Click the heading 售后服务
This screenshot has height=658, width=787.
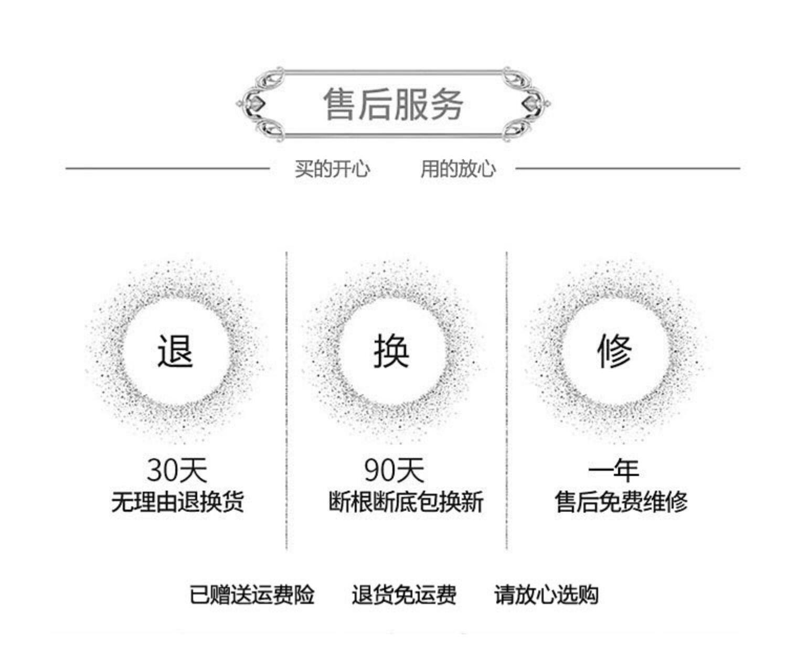click(x=393, y=104)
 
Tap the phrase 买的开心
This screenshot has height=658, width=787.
click(x=332, y=169)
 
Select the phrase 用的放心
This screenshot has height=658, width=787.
click(x=458, y=169)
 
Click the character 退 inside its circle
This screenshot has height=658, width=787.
click(x=175, y=350)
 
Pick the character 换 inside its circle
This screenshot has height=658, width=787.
click(x=391, y=350)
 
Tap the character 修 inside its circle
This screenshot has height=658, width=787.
click(x=614, y=350)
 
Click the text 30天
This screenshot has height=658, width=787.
click(x=177, y=470)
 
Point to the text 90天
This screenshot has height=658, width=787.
click(x=394, y=470)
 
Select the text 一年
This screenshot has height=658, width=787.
click(x=613, y=470)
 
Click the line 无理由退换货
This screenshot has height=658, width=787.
click(x=177, y=502)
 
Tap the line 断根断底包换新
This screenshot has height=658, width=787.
click(x=406, y=502)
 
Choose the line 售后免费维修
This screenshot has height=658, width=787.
click(x=621, y=502)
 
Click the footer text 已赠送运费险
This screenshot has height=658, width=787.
click(x=252, y=595)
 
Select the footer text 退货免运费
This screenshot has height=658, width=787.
click(x=403, y=595)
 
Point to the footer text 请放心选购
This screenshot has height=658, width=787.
click(x=546, y=595)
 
